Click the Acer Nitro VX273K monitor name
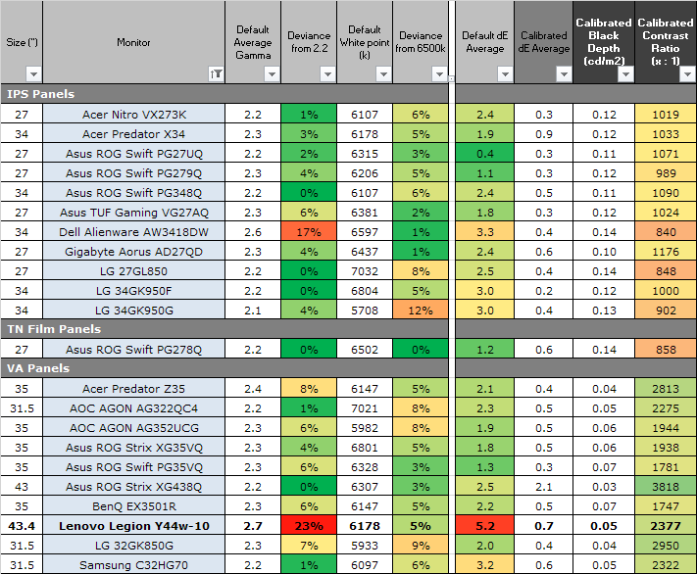(133, 114)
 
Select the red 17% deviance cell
(309, 231)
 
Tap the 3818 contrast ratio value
(665, 486)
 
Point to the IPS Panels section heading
(41, 94)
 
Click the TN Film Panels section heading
(55, 329)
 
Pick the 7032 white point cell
(365, 270)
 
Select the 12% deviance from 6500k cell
(421, 310)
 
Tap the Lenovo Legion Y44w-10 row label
(133, 525)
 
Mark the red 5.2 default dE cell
(484, 525)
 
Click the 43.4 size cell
(21, 525)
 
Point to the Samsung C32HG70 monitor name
(133, 564)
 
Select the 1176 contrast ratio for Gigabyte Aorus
(665, 251)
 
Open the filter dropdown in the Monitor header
(215, 73)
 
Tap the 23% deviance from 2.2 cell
(309, 525)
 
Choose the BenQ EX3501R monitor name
(133, 505)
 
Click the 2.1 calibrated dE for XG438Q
(543, 486)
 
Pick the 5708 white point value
(365, 310)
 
